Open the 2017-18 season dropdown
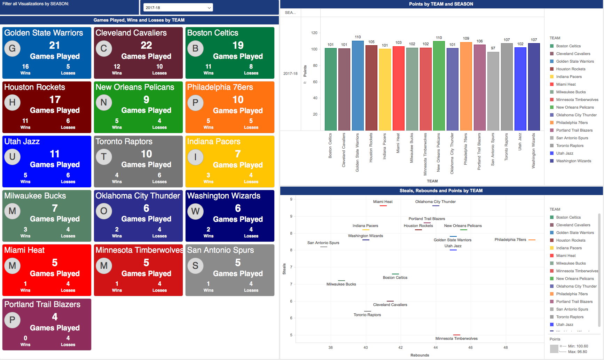(178, 8)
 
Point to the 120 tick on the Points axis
(314, 33)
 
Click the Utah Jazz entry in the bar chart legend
(564, 154)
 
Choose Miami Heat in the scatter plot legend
(566, 256)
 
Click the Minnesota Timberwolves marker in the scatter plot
(457, 335)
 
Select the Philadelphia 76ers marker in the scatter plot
(532, 240)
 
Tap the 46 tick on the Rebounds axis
(470, 347)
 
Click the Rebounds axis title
(419, 355)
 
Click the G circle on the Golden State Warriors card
(12, 48)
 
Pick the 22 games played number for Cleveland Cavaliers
(146, 45)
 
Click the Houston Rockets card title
(34, 87)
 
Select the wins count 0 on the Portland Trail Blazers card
(25, 338)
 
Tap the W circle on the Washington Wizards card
(195, 211)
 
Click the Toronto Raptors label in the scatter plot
(367, 315)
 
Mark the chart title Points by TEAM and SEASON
(441, 4)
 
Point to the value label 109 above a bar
(466, 38)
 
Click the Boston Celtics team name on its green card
(212, 33)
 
